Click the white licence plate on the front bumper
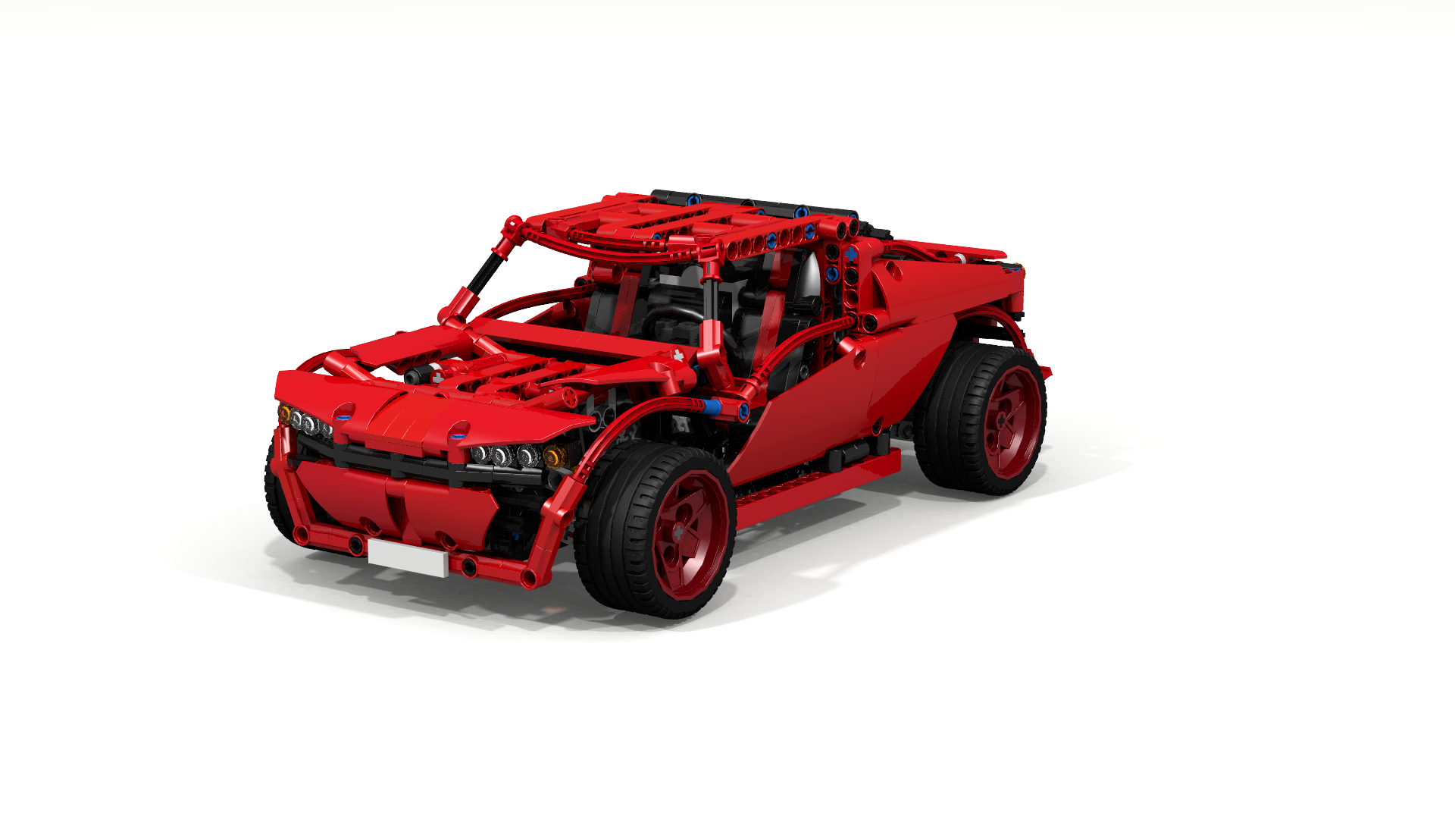[x=407, y=558]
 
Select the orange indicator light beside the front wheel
[x=554, y=457]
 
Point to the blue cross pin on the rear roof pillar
[x=851, y=256]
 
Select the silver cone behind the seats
[x=809, y=277]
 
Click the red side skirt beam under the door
[x=818, y=481]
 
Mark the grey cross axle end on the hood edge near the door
[x=678, y=355]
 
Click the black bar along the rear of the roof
[x=758, y=203]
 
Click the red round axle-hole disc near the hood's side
[x=570, y=396]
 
